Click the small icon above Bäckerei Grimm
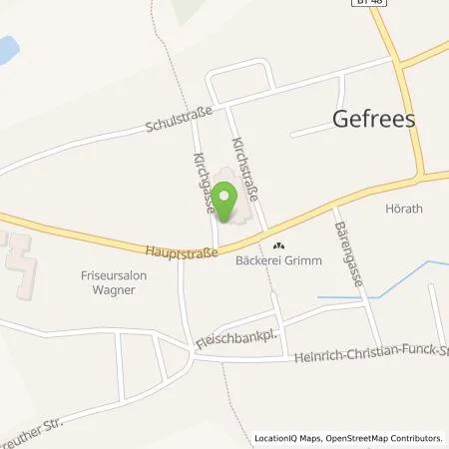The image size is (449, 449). (x=277, y=246)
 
